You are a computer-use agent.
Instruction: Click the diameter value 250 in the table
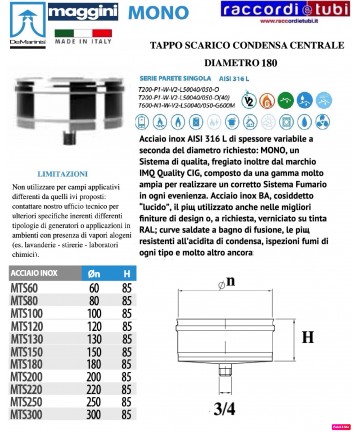point(95,402)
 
